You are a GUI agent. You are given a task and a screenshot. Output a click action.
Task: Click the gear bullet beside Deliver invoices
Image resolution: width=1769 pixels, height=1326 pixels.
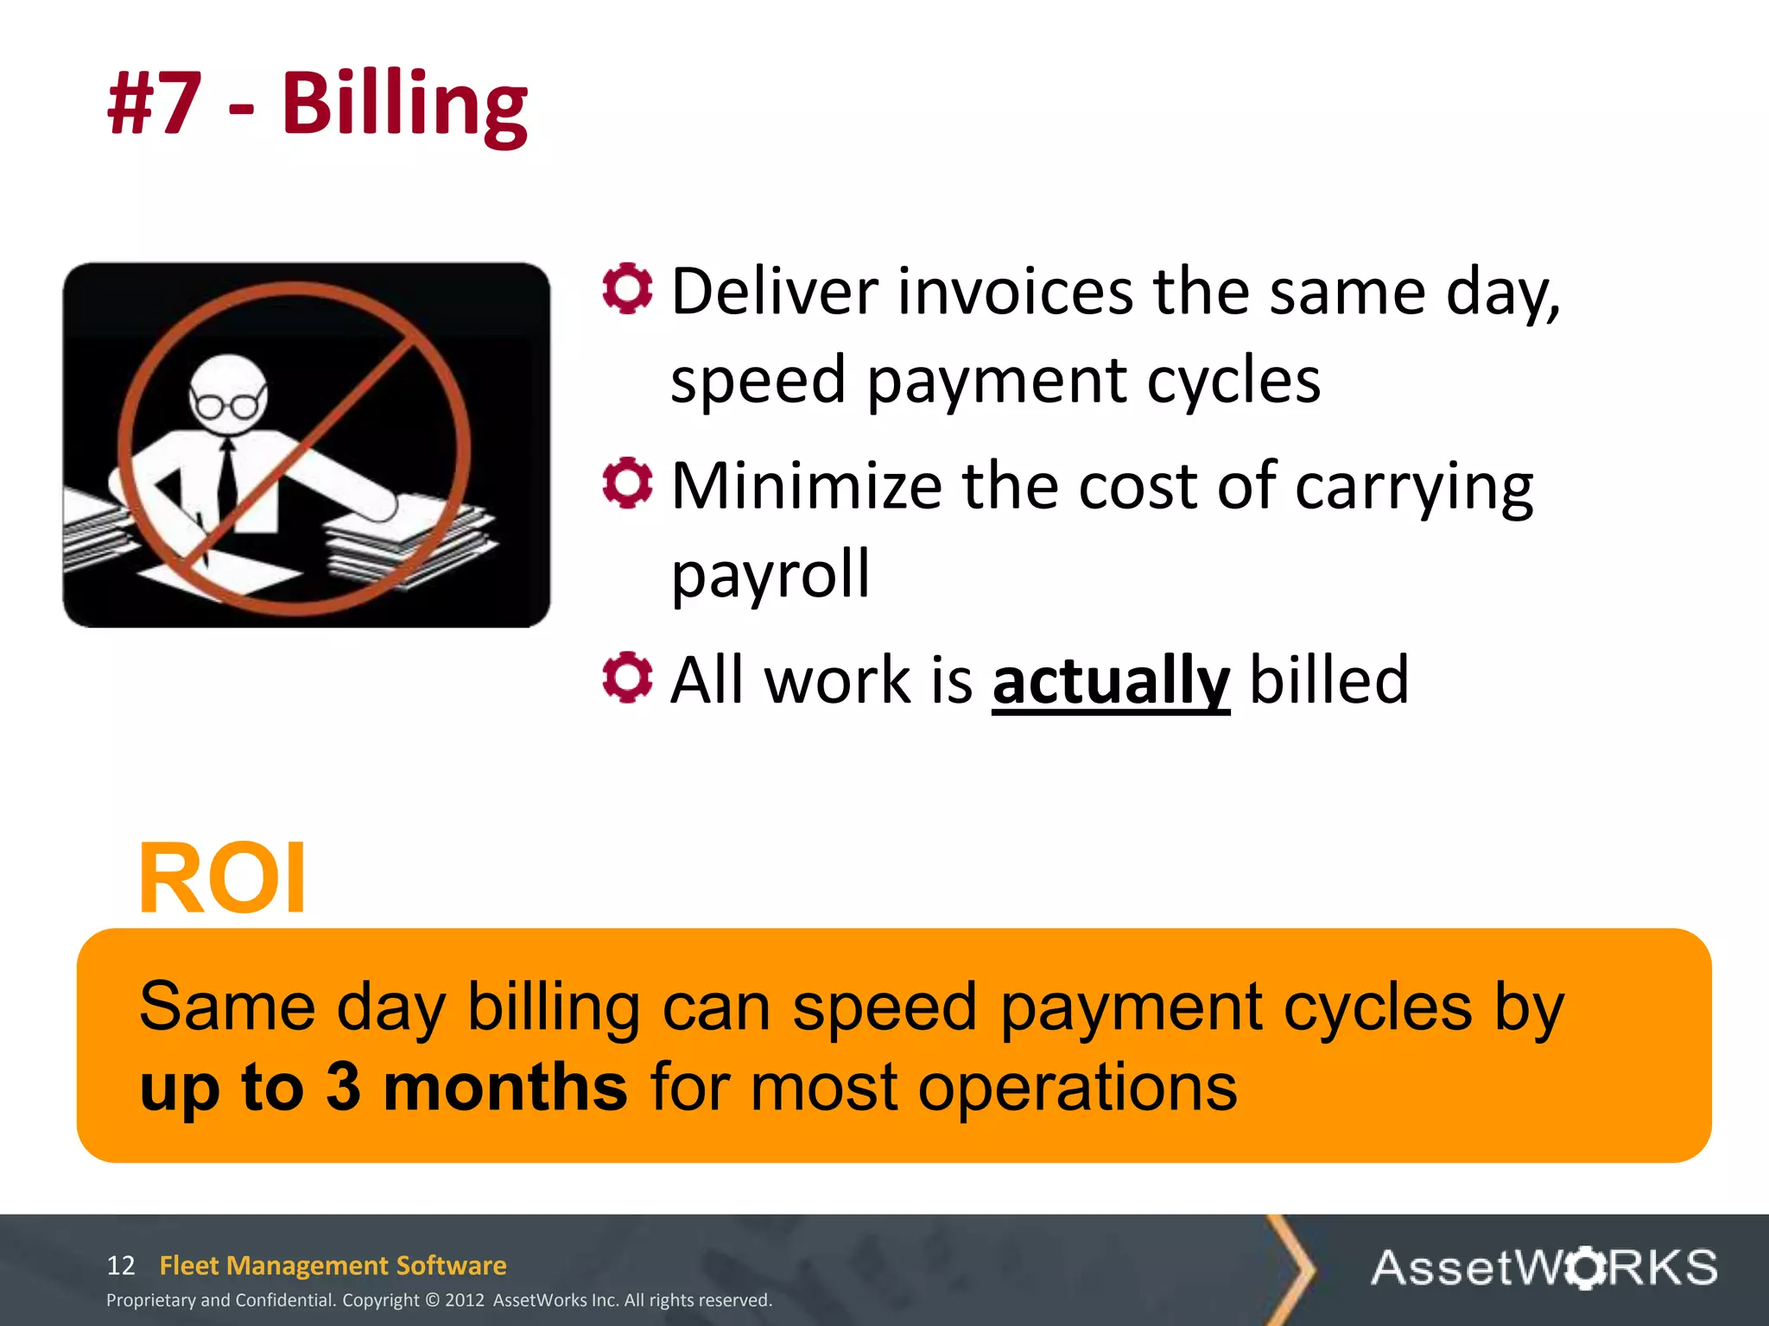click(x=627, y=288)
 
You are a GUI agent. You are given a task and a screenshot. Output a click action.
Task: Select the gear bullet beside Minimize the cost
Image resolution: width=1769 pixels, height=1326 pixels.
click(x=627, y=483)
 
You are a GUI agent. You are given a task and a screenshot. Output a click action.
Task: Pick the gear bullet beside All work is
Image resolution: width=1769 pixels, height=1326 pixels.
click(x=627, y=677)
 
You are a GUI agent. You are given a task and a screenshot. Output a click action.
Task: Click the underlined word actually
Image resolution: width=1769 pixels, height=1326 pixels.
click(x=1111, y=680)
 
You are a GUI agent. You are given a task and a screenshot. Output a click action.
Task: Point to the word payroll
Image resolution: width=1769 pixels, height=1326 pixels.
click(x=770, y=575)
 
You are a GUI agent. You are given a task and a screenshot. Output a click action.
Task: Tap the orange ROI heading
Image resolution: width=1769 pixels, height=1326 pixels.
click(x=222, y=879)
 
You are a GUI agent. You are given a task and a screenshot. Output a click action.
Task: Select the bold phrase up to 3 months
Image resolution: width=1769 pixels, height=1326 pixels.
click(x=384, y=1087)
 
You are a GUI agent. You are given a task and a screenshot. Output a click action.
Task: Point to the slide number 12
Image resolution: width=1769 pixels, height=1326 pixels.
click(x=121, y=1266)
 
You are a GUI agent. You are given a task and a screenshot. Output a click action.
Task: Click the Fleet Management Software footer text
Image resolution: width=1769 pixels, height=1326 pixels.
click(x=333, y=1266)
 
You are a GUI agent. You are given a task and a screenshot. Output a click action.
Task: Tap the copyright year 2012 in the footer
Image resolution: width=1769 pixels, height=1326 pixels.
click(x=465, y=1300)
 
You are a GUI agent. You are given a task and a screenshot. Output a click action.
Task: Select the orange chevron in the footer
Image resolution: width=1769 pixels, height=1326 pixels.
click(x=1292, y=1269)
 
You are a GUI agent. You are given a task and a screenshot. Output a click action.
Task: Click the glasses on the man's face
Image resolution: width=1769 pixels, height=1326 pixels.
click(x=228, y=404)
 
